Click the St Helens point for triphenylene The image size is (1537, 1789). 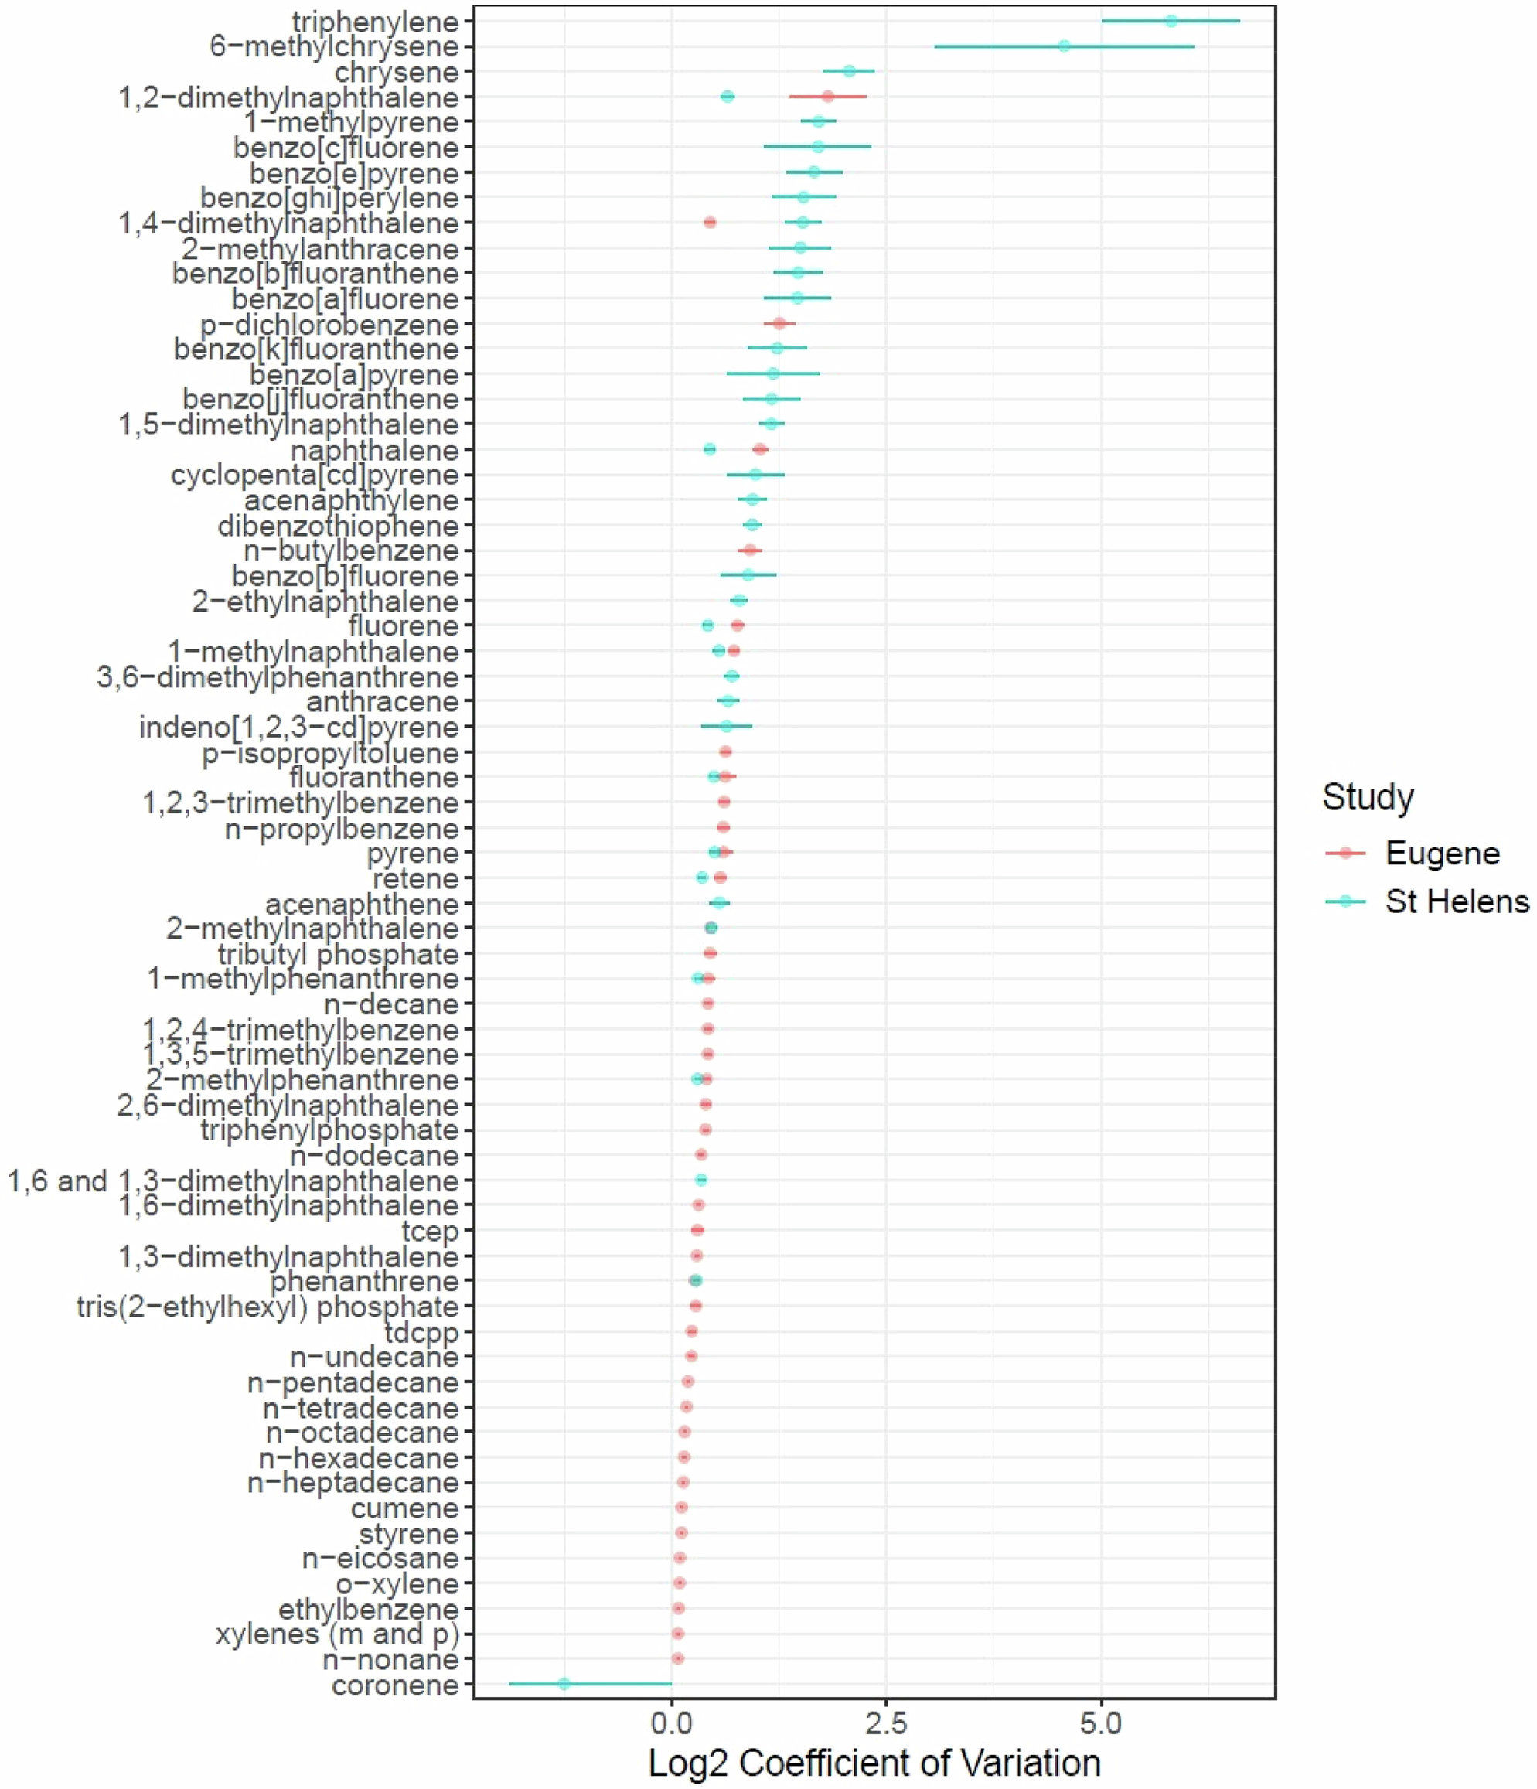point(1171,21)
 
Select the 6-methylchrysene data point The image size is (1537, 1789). point(1064,46)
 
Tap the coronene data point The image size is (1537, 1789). point(564,1684)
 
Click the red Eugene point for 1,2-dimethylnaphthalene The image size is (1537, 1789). point(828,96)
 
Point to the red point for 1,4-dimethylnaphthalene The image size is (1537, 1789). point(710,222)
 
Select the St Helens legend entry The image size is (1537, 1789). point(1457,901)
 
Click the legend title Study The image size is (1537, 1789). point(1368,796)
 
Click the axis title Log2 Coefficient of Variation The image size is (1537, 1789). point(874,1762)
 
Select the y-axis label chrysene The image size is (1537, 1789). point(397,72)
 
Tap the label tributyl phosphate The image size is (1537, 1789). point(338,954)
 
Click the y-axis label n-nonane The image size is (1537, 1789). point(390,1659)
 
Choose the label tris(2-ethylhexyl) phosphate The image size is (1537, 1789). point(268,1307)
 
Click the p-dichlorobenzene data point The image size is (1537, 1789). point(780,323)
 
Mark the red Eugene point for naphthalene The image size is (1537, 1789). point(760,449)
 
